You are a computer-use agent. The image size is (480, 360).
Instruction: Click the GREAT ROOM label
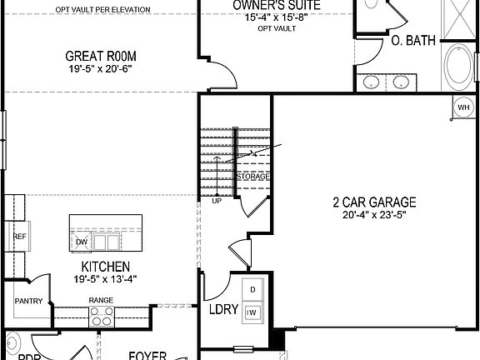(x=101, y=57)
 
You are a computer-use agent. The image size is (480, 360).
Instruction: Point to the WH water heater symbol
(x=463, y=106)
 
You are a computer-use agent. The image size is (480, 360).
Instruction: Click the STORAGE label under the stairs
(x=253, y=177)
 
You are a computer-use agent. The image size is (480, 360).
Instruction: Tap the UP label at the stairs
(x=217, y=201)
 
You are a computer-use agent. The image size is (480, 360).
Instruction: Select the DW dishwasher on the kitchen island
(x=82, y=242)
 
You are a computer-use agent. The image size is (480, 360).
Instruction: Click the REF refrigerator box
(x=18, y=237)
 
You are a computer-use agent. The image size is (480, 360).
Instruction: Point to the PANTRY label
(x=27, y=301)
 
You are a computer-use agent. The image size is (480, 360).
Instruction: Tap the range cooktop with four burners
(x=102, y=316)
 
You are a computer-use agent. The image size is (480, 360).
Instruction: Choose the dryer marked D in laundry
(x=253, y=289)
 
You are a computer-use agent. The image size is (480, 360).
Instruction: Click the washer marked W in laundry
(x=253, y=312)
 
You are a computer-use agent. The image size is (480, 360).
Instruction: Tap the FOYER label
(x=147, y=356)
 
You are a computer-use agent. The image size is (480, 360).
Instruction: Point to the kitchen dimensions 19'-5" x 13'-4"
(x=101, y=279)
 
